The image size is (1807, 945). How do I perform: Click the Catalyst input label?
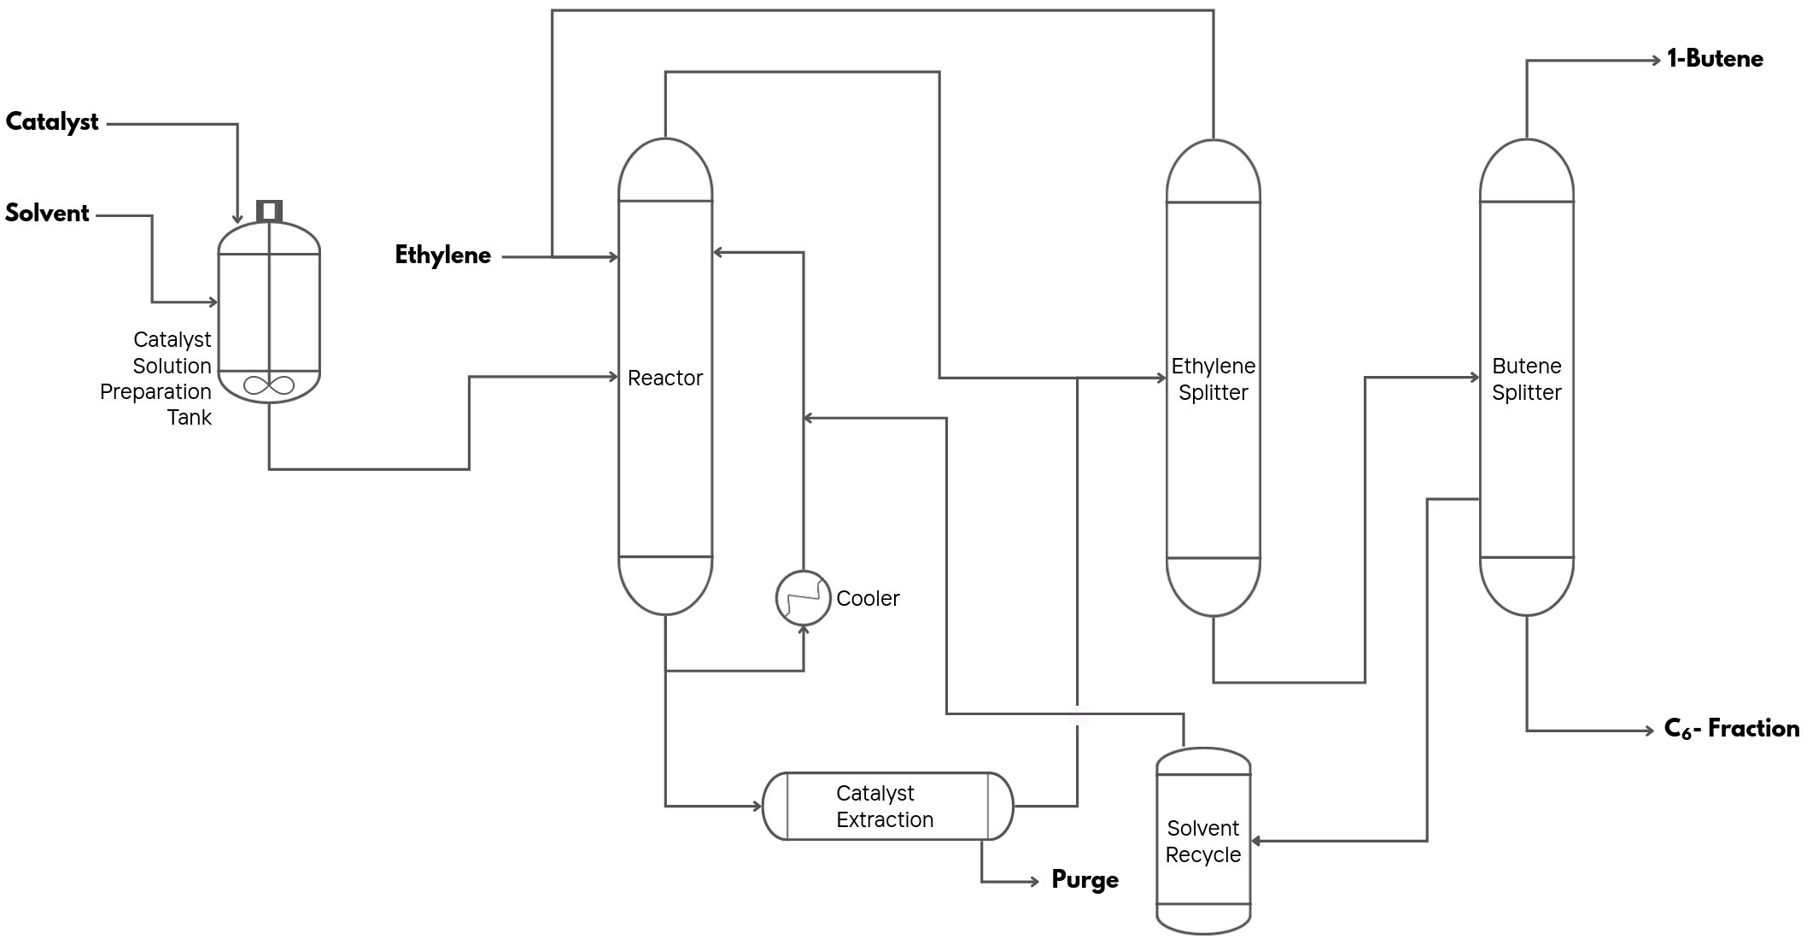(52, 122)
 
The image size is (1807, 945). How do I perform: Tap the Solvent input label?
(47, 213)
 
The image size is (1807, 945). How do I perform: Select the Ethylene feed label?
(442, 255)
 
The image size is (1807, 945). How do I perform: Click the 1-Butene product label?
(1715, 59)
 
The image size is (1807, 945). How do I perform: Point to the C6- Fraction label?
(1731, 729)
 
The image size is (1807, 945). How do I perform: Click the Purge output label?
(1085, 880)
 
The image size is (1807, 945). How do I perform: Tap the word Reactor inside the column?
(664, 378)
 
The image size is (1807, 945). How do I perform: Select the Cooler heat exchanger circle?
(803, 598)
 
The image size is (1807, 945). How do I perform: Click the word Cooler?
(868, 598)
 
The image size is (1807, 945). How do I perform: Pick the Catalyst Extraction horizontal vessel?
(886, 806)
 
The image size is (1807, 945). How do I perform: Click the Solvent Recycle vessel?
(1203, 841)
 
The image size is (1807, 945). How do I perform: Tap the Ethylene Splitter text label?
(1213, 379)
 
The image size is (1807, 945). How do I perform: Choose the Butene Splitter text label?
(1526, 379)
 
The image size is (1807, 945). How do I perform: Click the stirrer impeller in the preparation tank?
(268, 385)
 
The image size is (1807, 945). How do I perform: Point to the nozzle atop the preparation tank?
(269, 210)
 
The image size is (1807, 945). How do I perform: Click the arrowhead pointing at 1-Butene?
(1655, 61)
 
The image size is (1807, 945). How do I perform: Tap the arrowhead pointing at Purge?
(1033, 881)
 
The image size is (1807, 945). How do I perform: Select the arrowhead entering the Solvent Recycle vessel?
(1256, 842)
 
